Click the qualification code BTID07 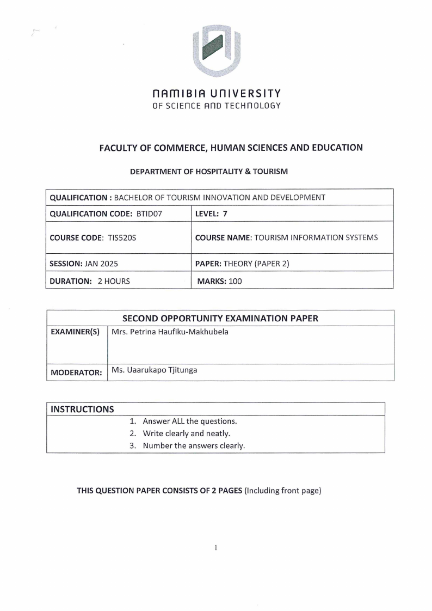tap(150, 213)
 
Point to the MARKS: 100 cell tap(219, 282)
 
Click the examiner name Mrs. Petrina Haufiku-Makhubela tap(170, 332)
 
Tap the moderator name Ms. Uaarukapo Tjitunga tap(155, 370)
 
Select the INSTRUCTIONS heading tap(82, 409)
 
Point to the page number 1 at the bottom tap(216, 547)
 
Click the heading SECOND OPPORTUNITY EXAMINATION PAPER tap(220, 318)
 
